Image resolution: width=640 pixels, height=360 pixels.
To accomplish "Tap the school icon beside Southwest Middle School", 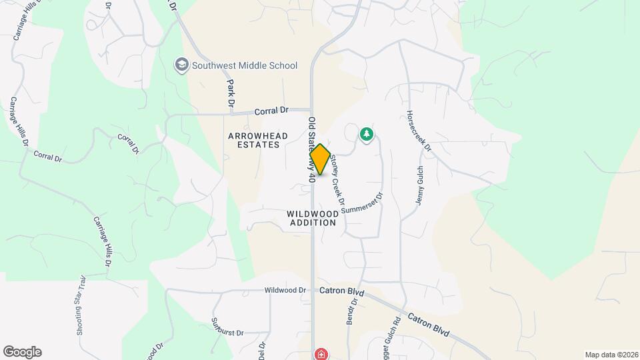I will pyautogui.click(x=181, y=65).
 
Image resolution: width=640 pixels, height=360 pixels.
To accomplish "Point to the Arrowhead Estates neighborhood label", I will pyautogui.click(x=258, y=140).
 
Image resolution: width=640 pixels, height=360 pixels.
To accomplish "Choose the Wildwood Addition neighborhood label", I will pyautogui.click(x=312, y=218).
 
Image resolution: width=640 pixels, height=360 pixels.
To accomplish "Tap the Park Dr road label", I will pyautogui.click(x=231, y=94).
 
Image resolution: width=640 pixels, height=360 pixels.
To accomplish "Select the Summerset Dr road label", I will pyautogui.click(x=363, y=204).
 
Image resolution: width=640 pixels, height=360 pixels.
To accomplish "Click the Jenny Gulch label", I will pyautogui.click(x=420, y=185).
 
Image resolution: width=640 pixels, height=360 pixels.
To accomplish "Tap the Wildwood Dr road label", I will pyautogui.click(x=285, y=291).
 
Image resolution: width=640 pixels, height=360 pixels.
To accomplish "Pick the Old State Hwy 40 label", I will pyautogui.click(x=311, y=151).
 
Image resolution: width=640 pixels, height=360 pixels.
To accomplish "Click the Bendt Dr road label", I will pyautogui.click(x=352, y=311).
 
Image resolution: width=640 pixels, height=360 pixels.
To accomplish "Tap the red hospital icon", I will pyautogui.click(x=321, y=354).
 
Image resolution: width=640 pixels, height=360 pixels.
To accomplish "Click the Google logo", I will pyautogui.click(x=22, y=352).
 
